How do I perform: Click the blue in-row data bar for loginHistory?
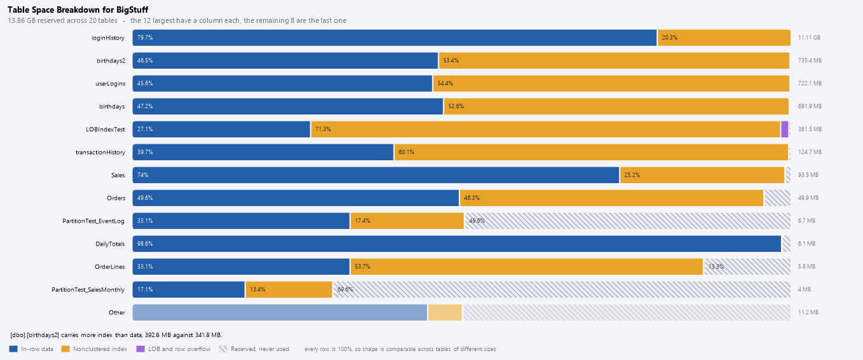(394, 38)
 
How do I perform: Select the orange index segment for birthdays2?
(614, 60)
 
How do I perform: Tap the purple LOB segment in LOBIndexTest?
(784, 129)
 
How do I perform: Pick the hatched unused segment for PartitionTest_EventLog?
(628, 221)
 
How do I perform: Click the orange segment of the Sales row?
(702, 175)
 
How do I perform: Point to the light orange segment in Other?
(445, 312)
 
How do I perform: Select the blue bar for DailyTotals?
(457, 244)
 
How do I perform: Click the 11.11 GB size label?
(809, 38)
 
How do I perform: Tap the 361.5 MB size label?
(810, 129)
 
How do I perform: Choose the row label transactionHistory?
(100, 152)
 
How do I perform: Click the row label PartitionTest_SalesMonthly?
(88, 289)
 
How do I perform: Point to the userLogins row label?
(110, 84)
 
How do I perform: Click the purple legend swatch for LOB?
(141, 349)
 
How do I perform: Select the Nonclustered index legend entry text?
(100, 349)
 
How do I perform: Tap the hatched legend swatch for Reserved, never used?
(223, 349)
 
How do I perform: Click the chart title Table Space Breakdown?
(78, 10)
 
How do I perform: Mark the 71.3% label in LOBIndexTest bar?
(323, 129)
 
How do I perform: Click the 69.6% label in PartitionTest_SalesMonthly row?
(345, 289)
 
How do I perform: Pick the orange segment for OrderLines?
(527, 267)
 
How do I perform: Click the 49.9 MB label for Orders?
(808, 198)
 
